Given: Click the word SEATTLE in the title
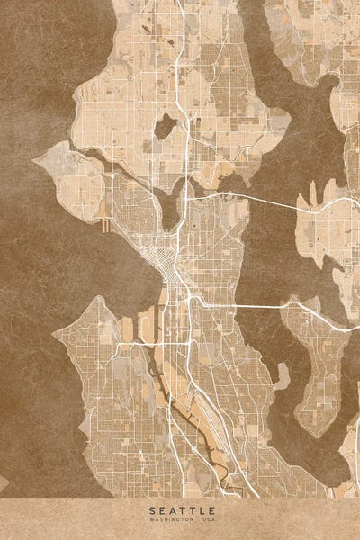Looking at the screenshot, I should tap(180, 510).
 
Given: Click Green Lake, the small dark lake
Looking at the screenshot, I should tap(164, 126).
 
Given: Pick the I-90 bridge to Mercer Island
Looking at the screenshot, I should tap(261, 305).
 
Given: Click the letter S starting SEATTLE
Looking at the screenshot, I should tap(154, 510).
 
